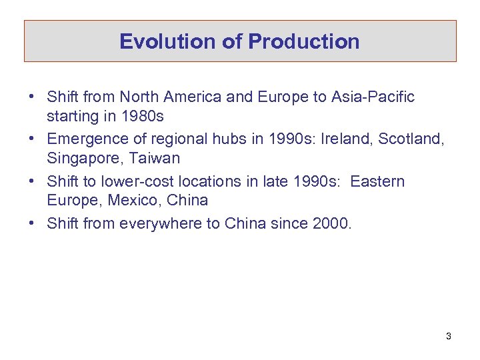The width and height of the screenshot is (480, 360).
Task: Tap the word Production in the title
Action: coord(304,42)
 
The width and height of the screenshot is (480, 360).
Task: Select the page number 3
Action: coord(449,336)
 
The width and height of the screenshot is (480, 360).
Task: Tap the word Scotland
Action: coord(409,139)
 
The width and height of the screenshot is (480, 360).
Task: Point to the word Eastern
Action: coord(377,181)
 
